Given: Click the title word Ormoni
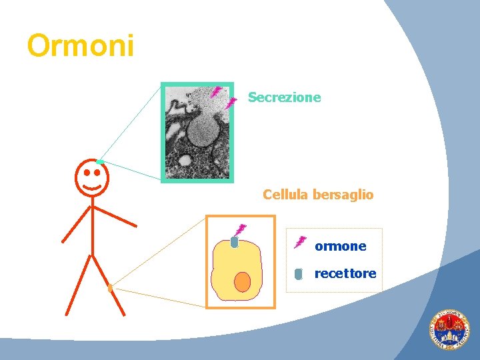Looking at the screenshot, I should [81, 46].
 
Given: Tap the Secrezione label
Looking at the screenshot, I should [284, 97].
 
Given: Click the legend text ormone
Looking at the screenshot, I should [340, 246].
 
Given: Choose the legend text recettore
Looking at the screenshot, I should [345, 273].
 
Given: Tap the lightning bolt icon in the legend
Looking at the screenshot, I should [300, 241].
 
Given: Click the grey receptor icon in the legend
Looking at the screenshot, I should [299, 273].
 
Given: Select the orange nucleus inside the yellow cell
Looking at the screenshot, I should [242, 282].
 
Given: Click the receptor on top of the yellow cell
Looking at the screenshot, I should [234, 242].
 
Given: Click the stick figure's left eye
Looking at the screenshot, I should [87, 172].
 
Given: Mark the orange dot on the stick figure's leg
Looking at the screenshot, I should [110, 289].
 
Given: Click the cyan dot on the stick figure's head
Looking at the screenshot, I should [99, 162].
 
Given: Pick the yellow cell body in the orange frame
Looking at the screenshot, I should [227, 267].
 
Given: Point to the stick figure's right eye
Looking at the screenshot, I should [97, 172].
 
